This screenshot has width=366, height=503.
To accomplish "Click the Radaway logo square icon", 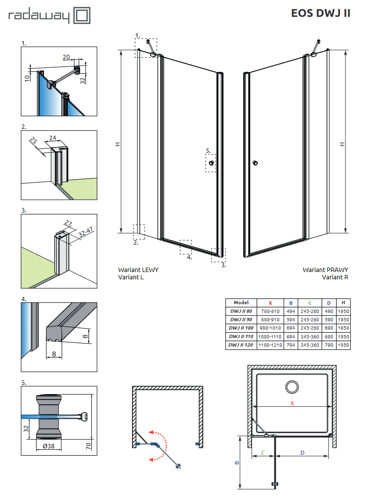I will (x=81, y=15).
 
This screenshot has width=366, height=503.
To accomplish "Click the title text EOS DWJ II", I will (x=320, y=13).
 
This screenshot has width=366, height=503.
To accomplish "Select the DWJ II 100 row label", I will (x=241, y=328).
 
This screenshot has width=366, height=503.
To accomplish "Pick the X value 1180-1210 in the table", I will (x=270, y=345).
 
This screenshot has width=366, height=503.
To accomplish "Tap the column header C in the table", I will (x=310, y=302).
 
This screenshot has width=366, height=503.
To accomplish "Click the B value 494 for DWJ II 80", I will (x=291, y=311).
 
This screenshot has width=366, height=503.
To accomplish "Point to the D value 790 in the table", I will (x=329, y=345).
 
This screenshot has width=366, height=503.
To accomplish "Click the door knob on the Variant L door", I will (x=211, y=163).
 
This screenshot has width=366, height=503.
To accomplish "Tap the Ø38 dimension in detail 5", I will (x=48, y=445).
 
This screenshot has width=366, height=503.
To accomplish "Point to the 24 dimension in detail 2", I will (x=53, y=137).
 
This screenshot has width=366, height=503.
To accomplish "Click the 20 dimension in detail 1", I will (x=66, y=57).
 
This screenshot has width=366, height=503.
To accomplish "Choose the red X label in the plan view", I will (x=292, y=403).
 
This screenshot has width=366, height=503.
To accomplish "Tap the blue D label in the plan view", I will (x=302, y=453).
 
